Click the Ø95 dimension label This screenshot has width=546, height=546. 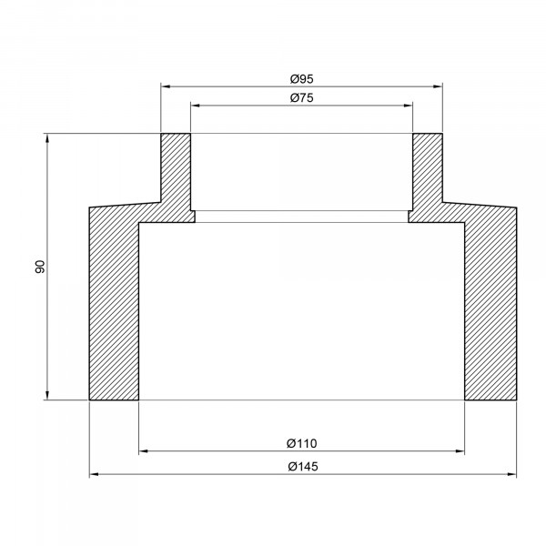coord(302,79)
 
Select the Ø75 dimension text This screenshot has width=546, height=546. coord(302,98)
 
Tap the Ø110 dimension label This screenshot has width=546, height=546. coord(302,444)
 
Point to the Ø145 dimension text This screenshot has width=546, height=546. coord(303,466)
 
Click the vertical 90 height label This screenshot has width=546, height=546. coord(40,267)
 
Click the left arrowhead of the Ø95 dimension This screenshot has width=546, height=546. coord(165,86)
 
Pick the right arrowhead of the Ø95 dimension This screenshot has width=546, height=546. coord(438,86)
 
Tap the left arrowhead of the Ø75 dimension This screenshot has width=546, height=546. coord(195,106)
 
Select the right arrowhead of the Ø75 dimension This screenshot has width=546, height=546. coord(408,106)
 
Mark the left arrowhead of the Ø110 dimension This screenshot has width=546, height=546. coord(144,451)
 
